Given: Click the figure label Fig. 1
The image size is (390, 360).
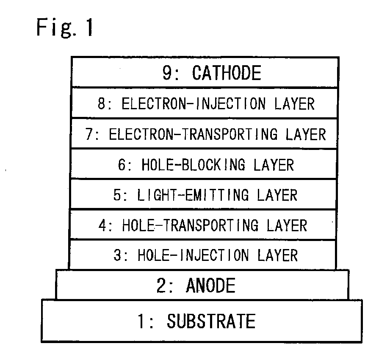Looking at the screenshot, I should click(66, 28).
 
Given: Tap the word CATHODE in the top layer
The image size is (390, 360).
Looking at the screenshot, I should click(227, 73).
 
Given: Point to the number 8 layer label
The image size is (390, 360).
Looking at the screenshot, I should click(101, 104).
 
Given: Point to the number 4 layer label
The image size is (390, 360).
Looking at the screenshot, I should click(102, 225).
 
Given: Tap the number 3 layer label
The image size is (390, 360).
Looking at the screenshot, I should click(117, 255).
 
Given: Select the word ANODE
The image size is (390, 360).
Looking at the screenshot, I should click(210, 286).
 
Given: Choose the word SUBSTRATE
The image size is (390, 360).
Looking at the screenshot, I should click(211, 321).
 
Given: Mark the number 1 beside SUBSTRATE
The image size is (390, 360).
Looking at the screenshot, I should click(142, 321).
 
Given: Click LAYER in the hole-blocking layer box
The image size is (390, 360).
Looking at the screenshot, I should click(273, 164).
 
